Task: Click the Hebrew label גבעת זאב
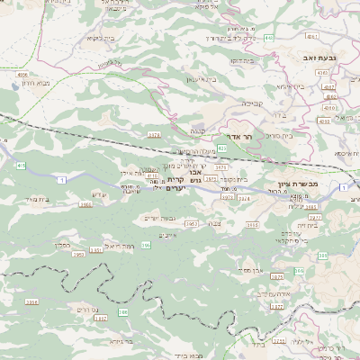point(319,57)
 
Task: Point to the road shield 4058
point(22,75)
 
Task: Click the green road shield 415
point(20,166)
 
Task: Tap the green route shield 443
point(270,38)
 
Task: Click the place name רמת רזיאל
point(119,245)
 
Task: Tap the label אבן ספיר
point(251,269)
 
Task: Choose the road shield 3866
point(32,303)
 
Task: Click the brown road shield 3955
point(85,204)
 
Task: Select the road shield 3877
point(314,217)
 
